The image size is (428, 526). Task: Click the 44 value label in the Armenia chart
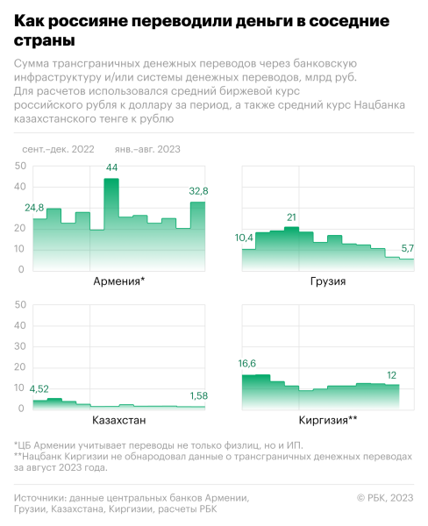tap(111, 167)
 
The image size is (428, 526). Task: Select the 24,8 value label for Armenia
tap(34, 208)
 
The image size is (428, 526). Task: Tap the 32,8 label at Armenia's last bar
tap(198, 191)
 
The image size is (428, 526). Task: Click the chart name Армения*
tap(119, 281)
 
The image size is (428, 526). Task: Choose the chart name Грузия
tap(327, 281)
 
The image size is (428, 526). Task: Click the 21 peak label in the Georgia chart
tap(292, 217)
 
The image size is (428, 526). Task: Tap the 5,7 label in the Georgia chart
tap(407, 248)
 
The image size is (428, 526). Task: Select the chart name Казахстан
tap(119, 420)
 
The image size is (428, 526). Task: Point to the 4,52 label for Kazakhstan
tap(40, 388)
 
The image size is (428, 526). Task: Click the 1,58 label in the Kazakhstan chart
tap(198, 396)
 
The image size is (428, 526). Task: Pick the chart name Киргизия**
tap(327, 420)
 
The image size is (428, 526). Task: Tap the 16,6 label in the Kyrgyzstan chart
tap(252, 363)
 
